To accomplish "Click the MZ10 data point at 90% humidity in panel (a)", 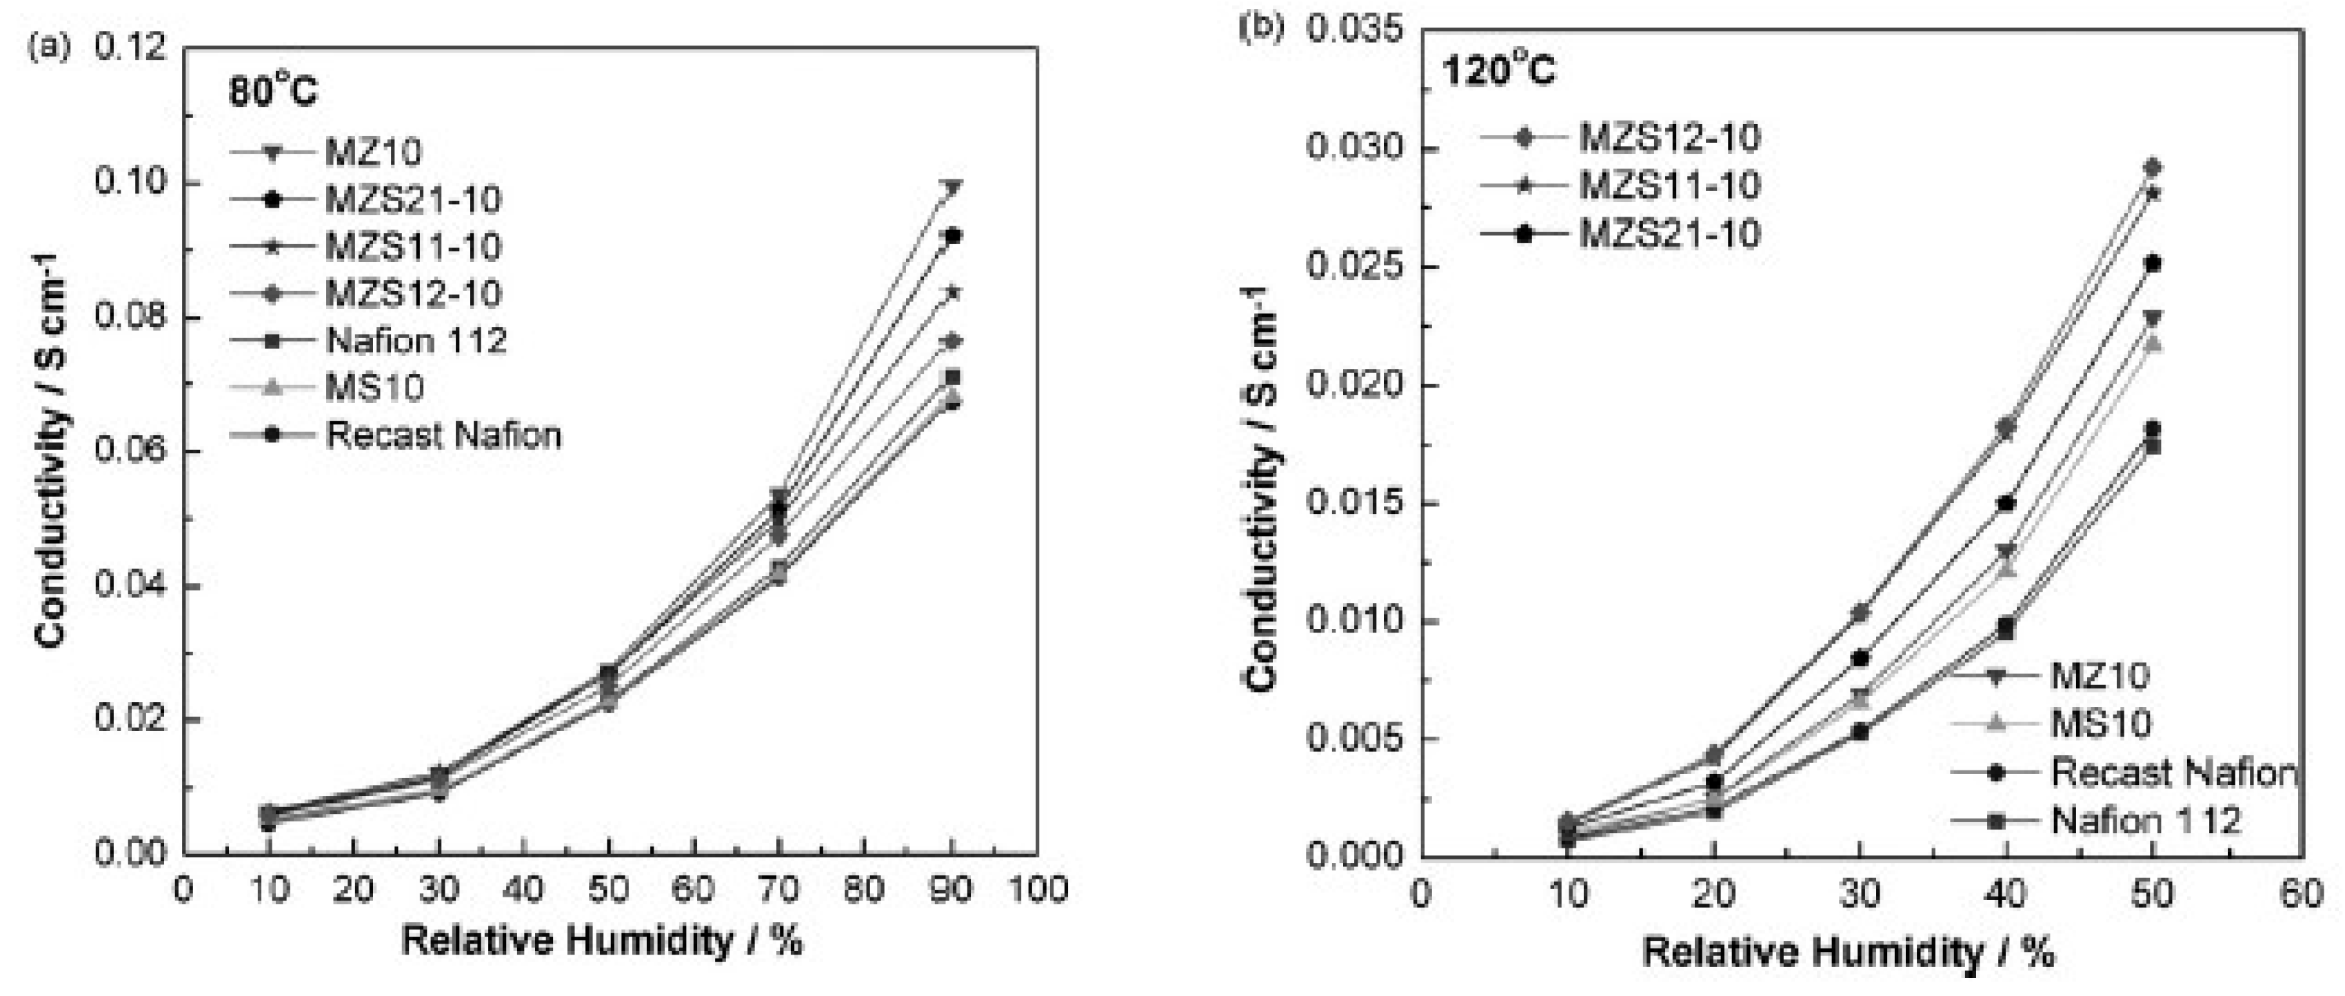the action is coord(952,188).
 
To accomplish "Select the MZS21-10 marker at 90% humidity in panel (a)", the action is coord(952,236).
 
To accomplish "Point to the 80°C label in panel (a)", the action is coord(272,92).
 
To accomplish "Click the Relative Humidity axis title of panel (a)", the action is coord(602,940).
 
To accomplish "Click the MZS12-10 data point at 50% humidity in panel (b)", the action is coord(2153,168).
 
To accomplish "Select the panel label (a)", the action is coord(50,46).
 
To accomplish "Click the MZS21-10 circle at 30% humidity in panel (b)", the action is coord(1860,657).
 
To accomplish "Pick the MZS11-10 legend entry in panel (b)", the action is coord(1669,186).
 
